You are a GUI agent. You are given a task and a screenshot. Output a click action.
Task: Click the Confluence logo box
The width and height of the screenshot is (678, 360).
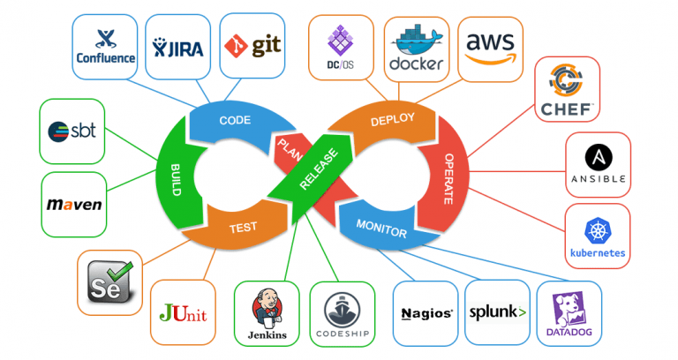click(105, 46)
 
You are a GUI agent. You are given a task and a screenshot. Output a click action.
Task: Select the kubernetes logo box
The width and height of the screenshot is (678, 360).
click(598, 236)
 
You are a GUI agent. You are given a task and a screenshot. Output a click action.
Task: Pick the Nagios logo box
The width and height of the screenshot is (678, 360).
click(426, 312)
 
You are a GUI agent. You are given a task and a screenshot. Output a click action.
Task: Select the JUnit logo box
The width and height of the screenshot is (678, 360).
click(184, 311)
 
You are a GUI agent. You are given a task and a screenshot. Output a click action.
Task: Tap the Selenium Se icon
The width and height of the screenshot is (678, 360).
click(111, 281)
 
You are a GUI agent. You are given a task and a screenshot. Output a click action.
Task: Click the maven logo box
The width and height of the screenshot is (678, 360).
click(73, 205)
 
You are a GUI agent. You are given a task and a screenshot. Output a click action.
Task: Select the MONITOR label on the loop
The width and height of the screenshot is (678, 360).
click(381, 229)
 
